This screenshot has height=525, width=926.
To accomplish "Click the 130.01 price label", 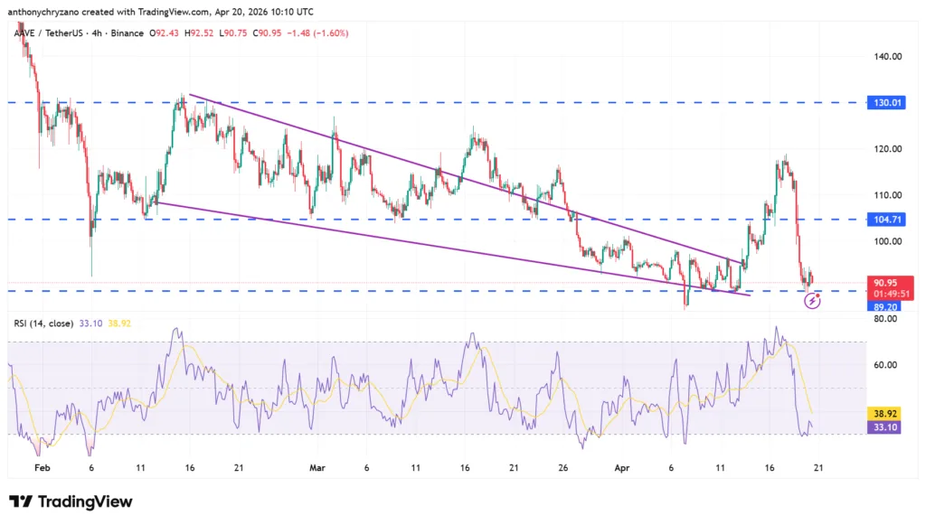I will pos(883,102).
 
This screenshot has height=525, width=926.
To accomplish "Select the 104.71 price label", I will pos(883,220).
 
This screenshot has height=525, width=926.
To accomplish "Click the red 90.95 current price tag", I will pos(883,282).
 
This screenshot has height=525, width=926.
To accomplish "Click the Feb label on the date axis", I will pos(41,469).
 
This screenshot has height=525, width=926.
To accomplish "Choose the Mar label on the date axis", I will pos(317,469).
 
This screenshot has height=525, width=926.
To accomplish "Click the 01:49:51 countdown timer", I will pos(883,294).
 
